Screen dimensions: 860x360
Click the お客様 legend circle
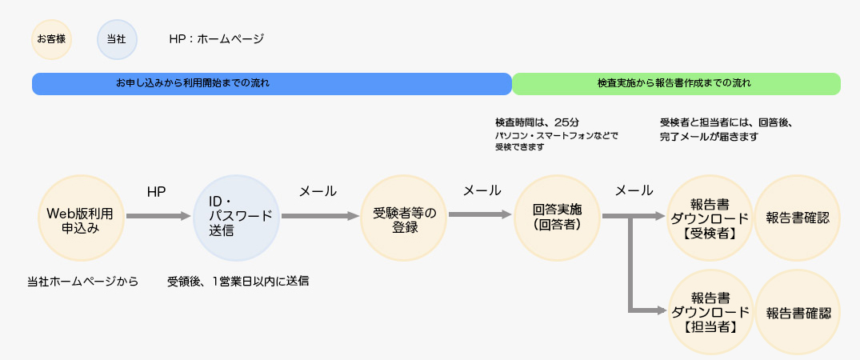coord(51,39)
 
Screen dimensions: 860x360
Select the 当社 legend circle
coord(116,39)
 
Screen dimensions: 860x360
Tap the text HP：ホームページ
coord(217,39)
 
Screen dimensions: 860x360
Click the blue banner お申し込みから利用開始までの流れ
coord(271,84)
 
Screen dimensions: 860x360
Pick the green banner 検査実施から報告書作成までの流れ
coord(676,84)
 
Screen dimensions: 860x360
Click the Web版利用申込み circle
coord(81,218)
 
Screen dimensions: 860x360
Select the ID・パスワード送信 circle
coord(237,218)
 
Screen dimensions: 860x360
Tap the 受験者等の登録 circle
coord(404,218)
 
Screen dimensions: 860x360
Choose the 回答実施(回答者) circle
coord(558,218)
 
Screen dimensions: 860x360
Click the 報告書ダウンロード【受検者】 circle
coord(710,218)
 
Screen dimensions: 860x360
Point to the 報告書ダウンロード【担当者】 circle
coord(710,312)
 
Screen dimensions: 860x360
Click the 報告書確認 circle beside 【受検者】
coord(798,218)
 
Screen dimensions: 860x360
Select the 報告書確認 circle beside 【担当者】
coord(798,312)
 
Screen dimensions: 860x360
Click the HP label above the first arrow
coord(156,191)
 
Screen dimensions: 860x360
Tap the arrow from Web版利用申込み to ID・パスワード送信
coord(158,216)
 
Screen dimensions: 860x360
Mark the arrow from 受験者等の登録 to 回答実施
coord(481,214)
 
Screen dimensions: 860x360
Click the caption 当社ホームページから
coord(83,282)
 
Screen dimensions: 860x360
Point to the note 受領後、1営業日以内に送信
coord(238,282)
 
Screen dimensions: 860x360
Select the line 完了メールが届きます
coord(709,137)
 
